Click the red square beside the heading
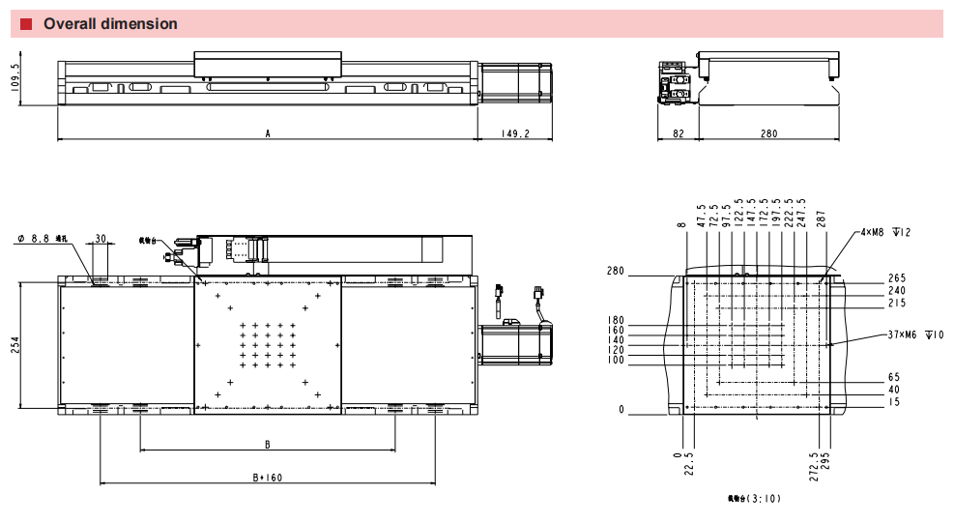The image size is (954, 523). click(x=26, y=24)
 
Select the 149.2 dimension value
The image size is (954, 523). click(x=515, y=134)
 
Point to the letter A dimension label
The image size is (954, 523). click(x=268, y=134)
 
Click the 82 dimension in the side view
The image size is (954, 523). click(x=678, y=134)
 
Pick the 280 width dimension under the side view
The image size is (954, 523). click(x=768, y=134)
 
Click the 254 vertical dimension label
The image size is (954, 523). click(x=15, y=346)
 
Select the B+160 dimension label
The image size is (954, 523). click(x=268, y=478)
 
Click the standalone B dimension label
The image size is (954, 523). click(x=268, y=445)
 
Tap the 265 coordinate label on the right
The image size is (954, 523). click(x=896, y=279)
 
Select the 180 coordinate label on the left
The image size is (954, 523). click(x=616, y=321)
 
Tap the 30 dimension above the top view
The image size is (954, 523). click(x=101, y=239)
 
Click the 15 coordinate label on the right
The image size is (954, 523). click(x=894, y=402)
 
